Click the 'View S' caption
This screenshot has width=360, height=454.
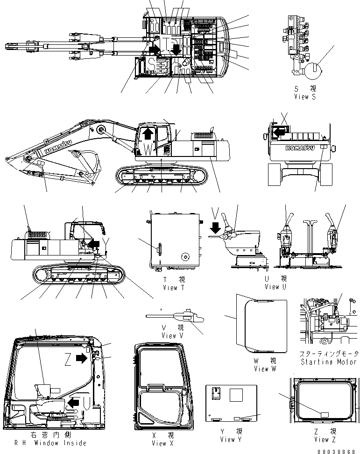click(304, 97)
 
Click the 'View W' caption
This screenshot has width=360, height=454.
click(264, 369)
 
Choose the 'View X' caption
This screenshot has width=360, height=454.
click(159, 443)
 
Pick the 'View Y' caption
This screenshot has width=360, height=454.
click(231, 440)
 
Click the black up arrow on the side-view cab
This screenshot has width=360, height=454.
click(148, 134)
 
